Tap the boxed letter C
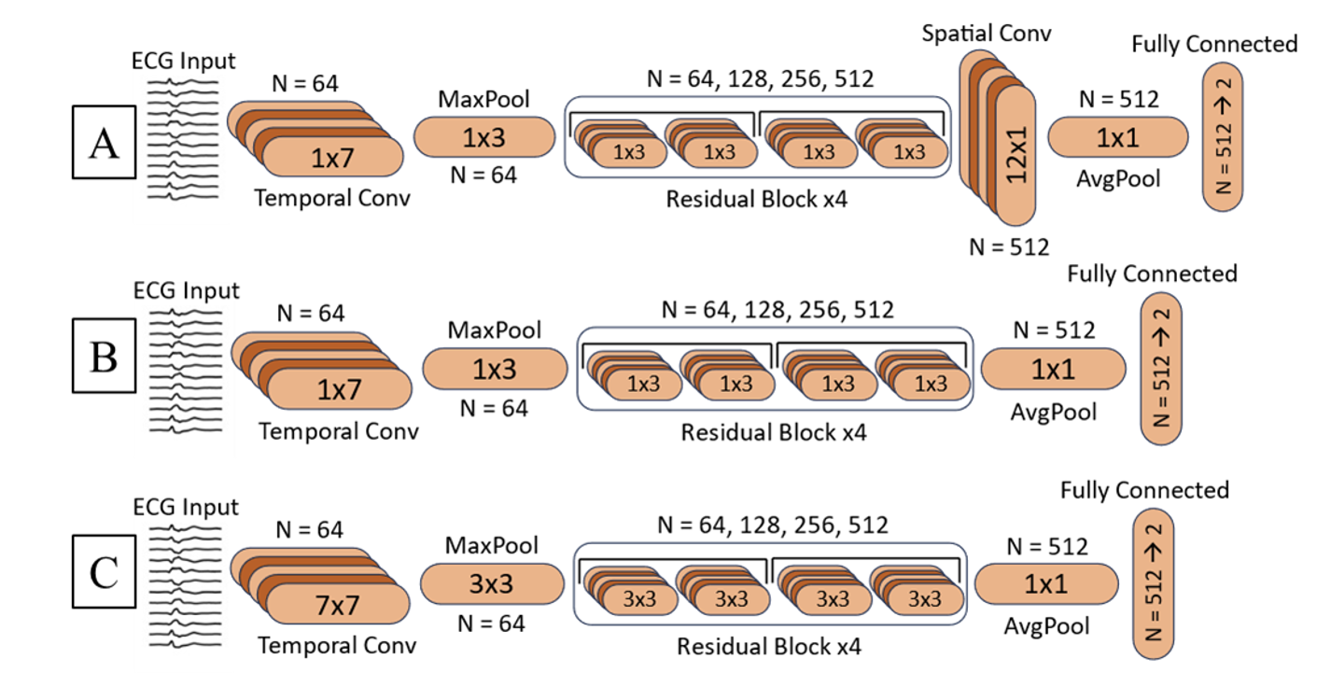(103, 572)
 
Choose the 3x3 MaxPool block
(492, 585)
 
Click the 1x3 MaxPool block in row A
(484, 137)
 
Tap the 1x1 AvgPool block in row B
(1053, 369)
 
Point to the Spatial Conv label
(987, 35)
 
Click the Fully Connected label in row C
(1144, 490)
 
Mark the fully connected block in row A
(1223, 136)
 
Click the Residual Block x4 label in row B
(773, 433)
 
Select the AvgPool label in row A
(1116, 177)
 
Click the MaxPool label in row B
(495, 329)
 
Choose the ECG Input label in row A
(184, 62)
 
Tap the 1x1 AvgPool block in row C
(1046, 584)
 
